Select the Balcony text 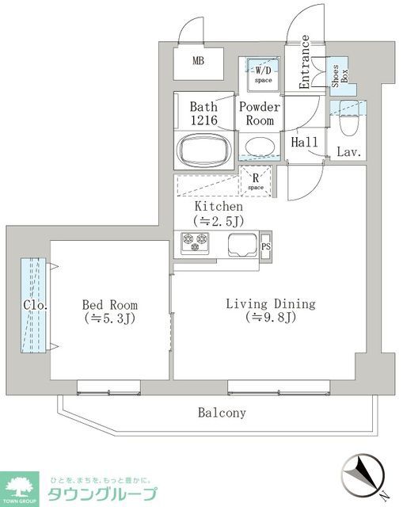pyautogui.click(x=222, y=413)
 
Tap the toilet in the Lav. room pyautogui.click(x=348, y=124)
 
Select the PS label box pyautogui.click(x=265, y=246)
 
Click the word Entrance pyautogui.click(x=304, y=63)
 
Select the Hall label pyautogui.click(x=305, y=143)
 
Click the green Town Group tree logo pyautogui.click(x=21, y=486)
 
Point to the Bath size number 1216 pyautogui.click(x=203, y=120)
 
